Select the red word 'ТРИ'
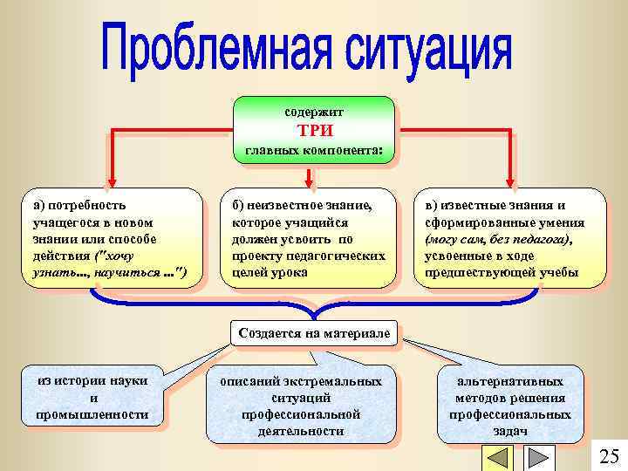coord(314,131)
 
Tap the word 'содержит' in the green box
coord(314,113)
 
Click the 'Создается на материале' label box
coord(314,333)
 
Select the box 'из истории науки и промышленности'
coord(92,398)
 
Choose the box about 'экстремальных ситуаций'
coord(301,406)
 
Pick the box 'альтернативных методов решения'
coord(509,406)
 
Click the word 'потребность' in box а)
coord(85,206)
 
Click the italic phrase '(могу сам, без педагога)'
coord(498,239)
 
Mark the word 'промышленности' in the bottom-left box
coord(92,414)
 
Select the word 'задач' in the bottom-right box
coord(509,431)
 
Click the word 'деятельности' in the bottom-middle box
coord(301,431)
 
